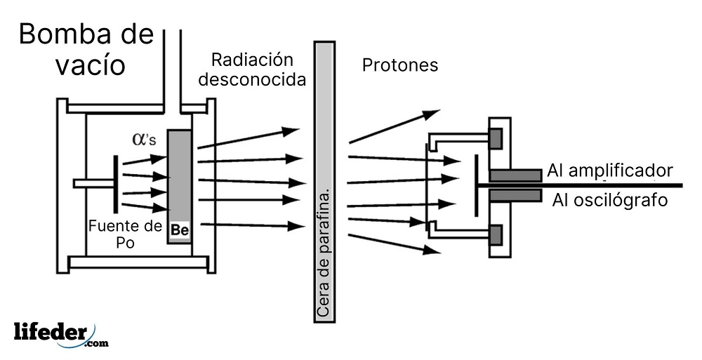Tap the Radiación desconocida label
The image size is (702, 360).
click(252, 69)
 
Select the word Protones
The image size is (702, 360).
click(399, 65)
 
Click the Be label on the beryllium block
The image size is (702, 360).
click(179, 229)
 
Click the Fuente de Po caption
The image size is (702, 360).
click(126, 234)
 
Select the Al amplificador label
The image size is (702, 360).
click(610, 171)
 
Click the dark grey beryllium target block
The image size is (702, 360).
click(179, 175)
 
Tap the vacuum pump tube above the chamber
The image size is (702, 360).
click(172, 63)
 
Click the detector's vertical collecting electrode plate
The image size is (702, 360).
click(475, 185)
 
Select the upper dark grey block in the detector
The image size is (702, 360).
click(496, 139)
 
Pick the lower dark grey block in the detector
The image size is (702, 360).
click(496, 234)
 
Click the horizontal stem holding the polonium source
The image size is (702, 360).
click(93, 184)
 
